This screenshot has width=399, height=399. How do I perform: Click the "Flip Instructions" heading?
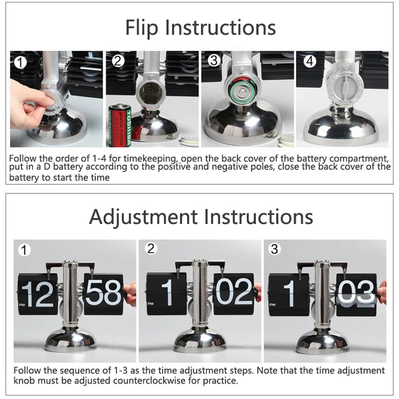click(x=200, y=27)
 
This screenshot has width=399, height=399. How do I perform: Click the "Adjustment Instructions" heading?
click(x=201, y=217)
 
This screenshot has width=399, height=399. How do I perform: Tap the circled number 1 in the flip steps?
click(x=20, y=63)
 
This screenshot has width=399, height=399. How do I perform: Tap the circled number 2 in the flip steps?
click(x=118, y=61)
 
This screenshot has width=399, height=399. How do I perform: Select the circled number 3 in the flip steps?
click(x=214, y=61)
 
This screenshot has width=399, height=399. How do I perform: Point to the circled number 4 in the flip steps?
click(x=309, y=61)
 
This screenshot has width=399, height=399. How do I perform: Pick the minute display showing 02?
click(x=233, y=293)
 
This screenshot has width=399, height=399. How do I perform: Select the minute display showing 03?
click(x=357, y=293)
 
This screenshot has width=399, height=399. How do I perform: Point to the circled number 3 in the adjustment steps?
click(x=274, y=248)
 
